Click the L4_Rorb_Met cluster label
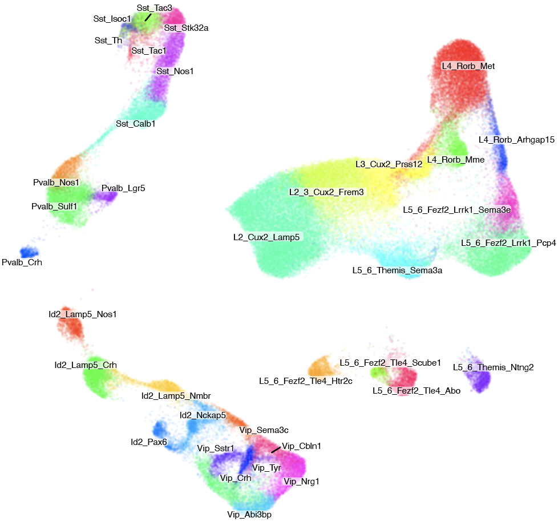[x=468, y=66]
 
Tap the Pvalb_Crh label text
[x=22, y=262]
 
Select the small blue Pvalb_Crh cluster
[x=27, y=252]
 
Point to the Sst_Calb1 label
[x=136, y=123]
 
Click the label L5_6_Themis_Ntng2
[x=493, y=367]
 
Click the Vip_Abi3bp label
[x=249, y=515]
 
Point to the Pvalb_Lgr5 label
[x=123, y=188]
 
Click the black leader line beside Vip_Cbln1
[x=276, y=450]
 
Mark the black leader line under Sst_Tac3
[x=148, y=17]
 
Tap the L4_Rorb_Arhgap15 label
[x=516, y=140]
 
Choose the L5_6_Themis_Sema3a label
[x=397, y=270]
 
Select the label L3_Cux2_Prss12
[x=389, y=164]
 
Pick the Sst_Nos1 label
[x=175, y=71]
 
